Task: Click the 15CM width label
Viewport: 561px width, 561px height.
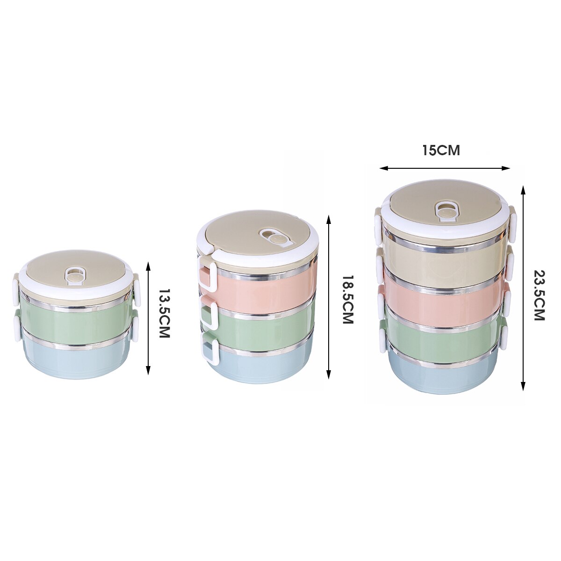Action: click(441, 151)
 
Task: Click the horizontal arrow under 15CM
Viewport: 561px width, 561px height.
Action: click(444, 168)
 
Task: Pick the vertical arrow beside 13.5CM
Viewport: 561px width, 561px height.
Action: click(149, 318)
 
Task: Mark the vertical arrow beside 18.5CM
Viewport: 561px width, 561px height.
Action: click(329, 297)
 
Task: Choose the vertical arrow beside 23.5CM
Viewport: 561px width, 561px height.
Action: click(523, 288)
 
